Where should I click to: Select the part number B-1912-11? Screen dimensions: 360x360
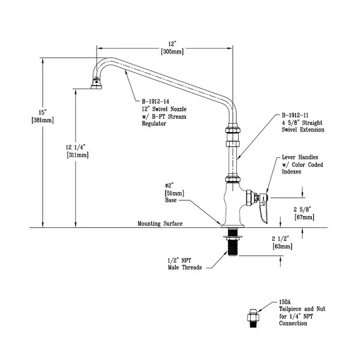pos(297,115)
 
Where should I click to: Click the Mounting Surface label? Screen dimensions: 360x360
pos(160,223)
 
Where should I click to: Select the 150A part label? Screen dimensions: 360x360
pos(284,304)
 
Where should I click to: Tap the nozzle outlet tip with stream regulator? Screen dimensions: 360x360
pos(95,85)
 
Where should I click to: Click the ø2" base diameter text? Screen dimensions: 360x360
pos(172,186)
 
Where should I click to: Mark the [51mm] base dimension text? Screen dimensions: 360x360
pos(174,194)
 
